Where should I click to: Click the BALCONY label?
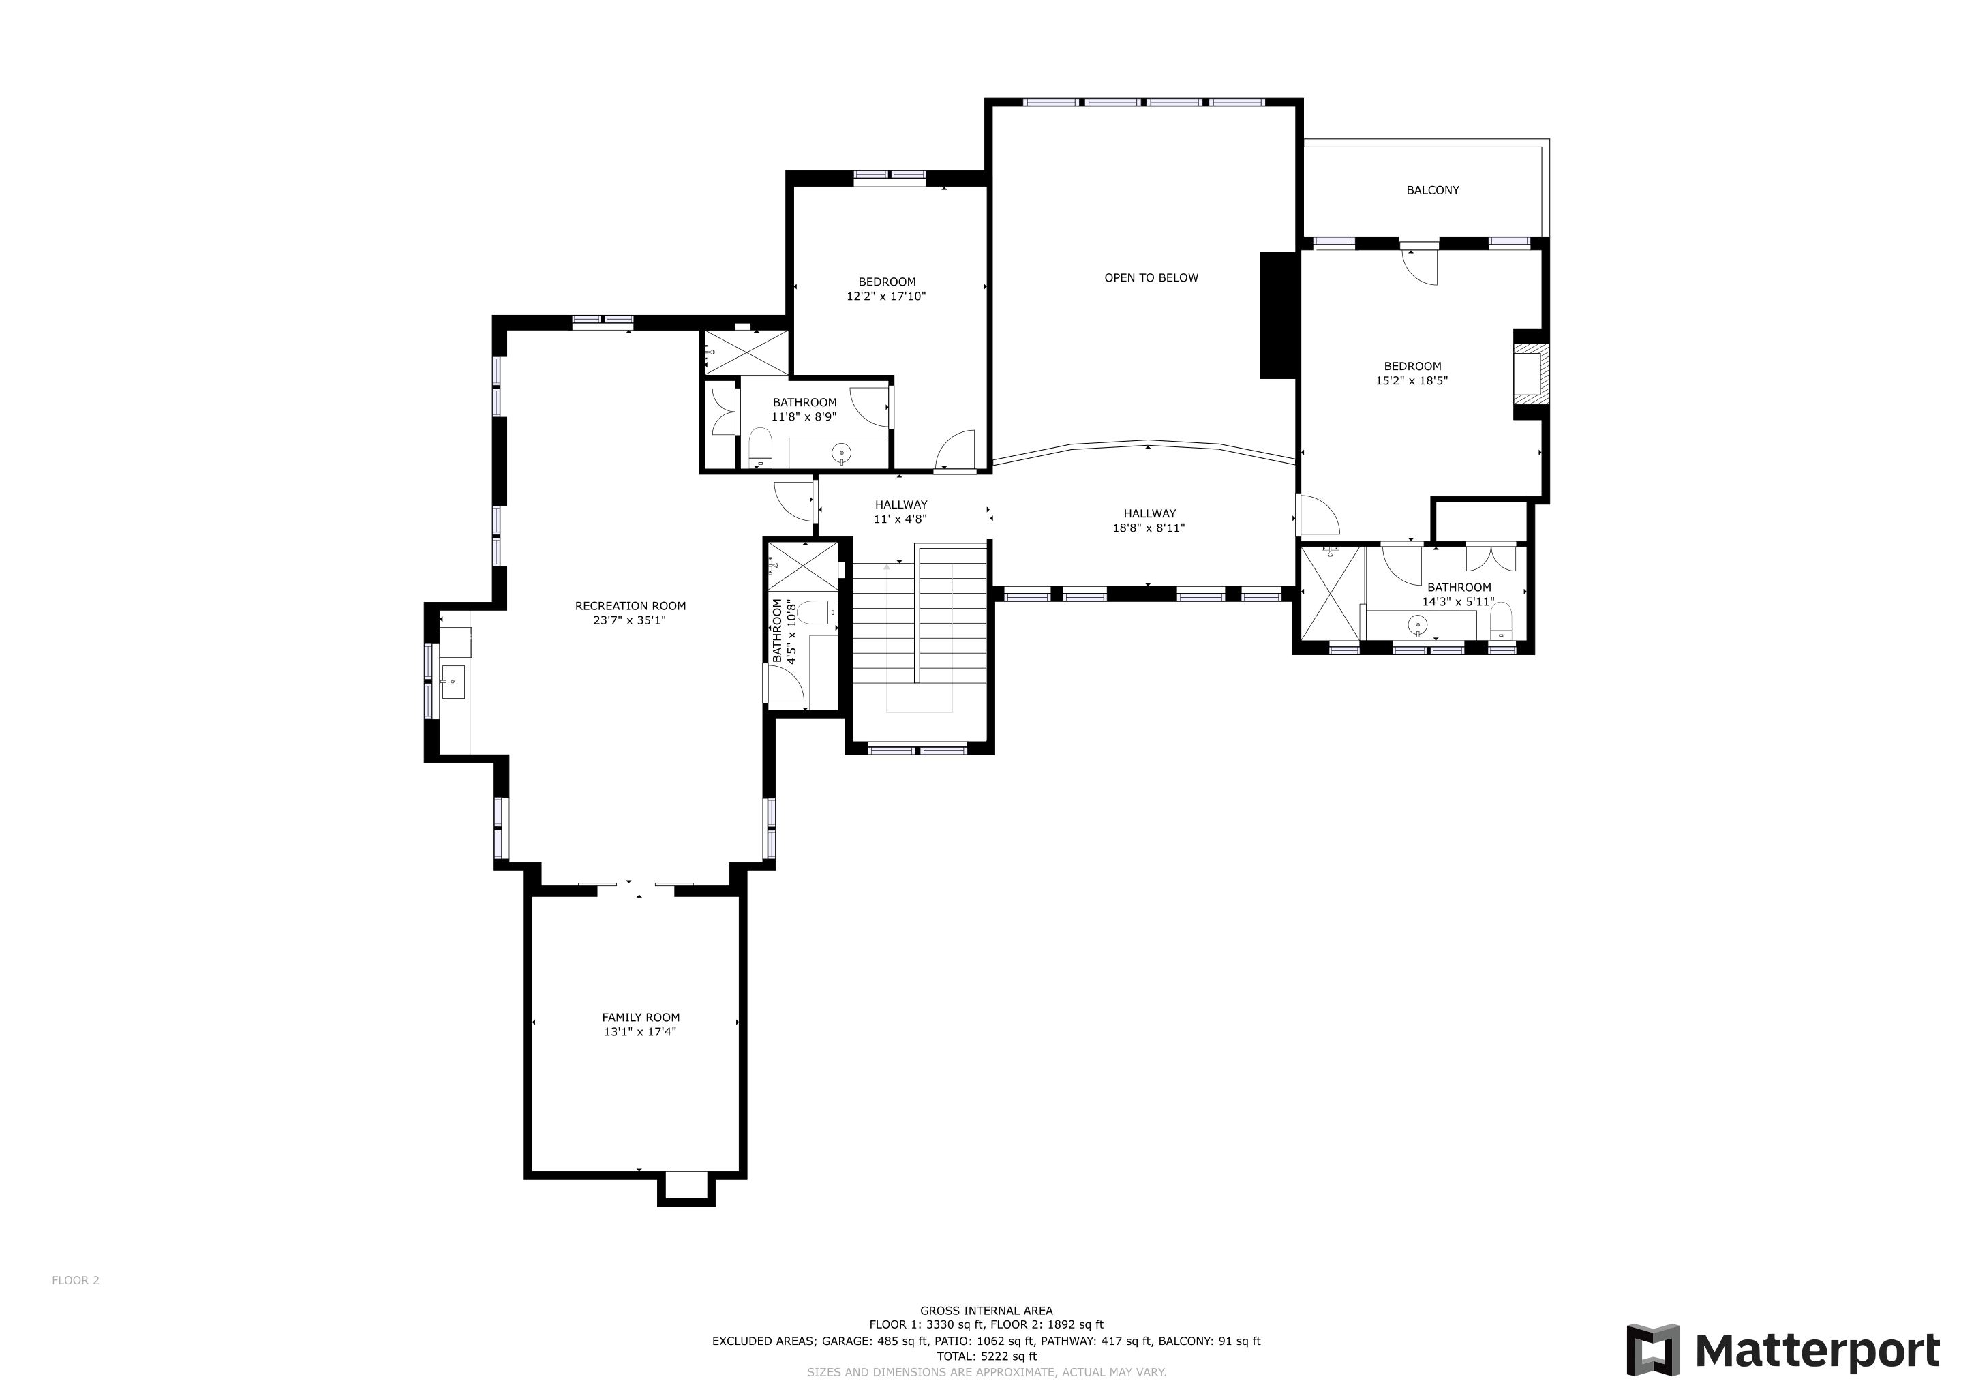point(1432,190)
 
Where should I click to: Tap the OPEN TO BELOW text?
point(1151,277)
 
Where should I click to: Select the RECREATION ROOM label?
point(631,606)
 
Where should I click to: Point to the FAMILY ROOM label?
point(641,1017)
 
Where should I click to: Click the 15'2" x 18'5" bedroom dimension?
point(1412,381)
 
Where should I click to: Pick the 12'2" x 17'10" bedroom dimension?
point(886,297)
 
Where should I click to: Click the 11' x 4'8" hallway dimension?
point(900,519)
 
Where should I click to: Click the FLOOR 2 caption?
point(76,1280)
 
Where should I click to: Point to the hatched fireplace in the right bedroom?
point(1531,374)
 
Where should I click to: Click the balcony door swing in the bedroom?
point(1421,267)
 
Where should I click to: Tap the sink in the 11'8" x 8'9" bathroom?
point(842,452)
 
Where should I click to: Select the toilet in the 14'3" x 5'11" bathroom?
point(1501,621)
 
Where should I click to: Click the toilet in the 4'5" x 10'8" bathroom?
point(814,613)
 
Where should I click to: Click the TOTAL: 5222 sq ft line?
point(986,1356)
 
